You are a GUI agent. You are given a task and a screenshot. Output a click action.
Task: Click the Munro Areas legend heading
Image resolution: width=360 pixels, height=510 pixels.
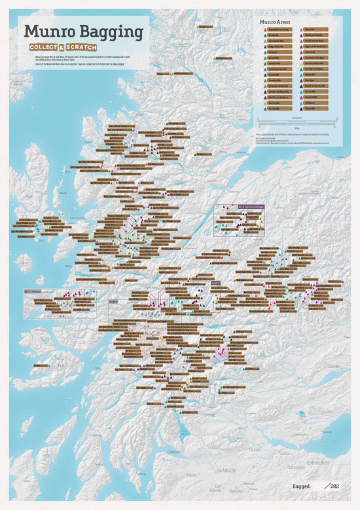pyautogui.click(x=275, y=22)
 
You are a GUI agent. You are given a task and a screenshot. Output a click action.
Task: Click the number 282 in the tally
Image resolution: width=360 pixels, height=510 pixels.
pyautogui.click(x=334, y=486)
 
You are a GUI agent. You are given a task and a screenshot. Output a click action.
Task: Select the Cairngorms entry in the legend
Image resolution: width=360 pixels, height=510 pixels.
pyautogui.click(x=273, y=52)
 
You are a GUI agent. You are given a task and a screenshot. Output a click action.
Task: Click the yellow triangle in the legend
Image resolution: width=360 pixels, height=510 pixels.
pyautogui.click(x=301, y=64)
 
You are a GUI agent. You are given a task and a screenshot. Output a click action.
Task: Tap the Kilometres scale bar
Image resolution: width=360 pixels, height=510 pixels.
pyautogui.click(x=297, y=121)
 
